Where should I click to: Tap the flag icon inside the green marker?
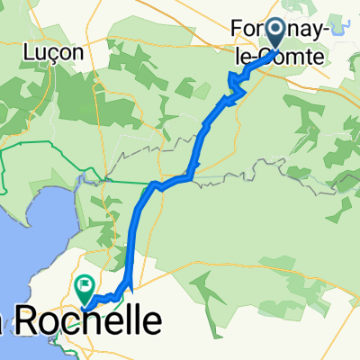pos(86,288)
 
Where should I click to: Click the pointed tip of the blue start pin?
pos(274,50)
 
